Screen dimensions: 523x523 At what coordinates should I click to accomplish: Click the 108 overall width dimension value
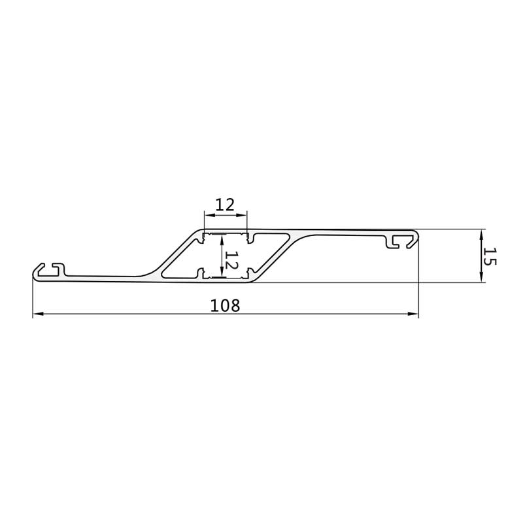click(x=225, y=305)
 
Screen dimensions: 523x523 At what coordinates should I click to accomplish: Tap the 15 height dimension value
click(x=490, y=256)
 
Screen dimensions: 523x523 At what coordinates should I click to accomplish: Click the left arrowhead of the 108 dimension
click(x=38, y=314)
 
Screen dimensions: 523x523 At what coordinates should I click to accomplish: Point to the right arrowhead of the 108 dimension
click(x=413, y=314)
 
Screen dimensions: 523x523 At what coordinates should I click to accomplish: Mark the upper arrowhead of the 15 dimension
click(x=481, y=235)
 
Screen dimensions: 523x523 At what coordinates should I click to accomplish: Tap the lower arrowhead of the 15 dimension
click(x=481, y=277)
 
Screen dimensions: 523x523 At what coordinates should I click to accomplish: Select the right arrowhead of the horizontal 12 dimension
click(x=241, y=215)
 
